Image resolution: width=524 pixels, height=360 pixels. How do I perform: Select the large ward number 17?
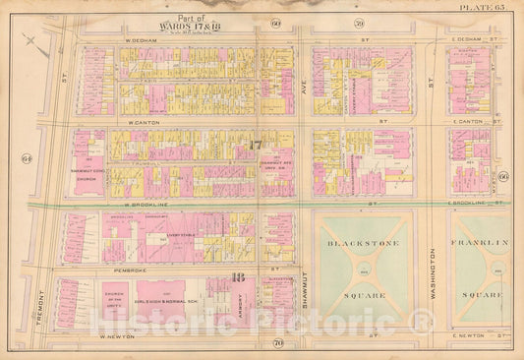256,148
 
